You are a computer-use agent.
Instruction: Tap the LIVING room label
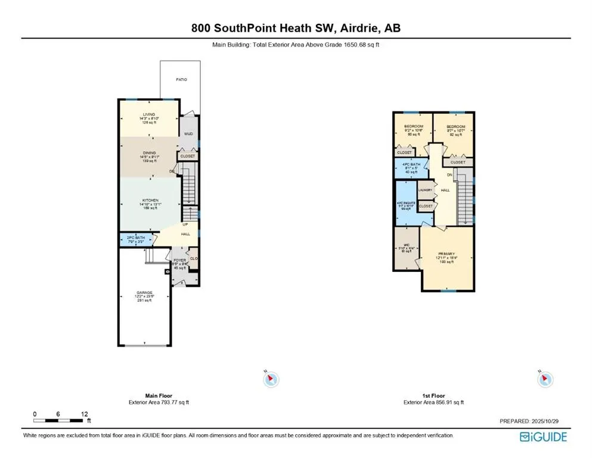[148, 114]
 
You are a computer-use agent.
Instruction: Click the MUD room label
[188, 134]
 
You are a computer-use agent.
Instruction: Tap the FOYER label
[180, 261]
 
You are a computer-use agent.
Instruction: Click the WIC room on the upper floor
[406, 245]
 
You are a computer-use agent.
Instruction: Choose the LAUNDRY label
[425, 190]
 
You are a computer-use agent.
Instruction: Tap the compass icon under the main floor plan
[271, 378]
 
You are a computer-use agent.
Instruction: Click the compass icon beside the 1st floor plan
[544, 378]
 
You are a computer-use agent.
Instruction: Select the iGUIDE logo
[543, 437]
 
